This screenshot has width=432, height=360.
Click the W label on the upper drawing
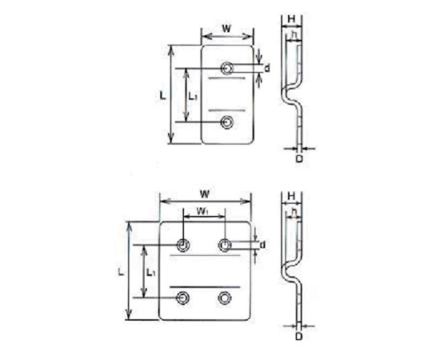tap(226, 28)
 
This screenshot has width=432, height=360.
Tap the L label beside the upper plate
tap(163, 96)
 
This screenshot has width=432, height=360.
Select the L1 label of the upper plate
tap(192, 96)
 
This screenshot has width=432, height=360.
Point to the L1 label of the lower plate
tap(150, 273)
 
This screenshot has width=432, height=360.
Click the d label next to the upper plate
tap(266, 68)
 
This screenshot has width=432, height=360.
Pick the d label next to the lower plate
tap(263, 244)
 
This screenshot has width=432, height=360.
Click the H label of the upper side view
tap(291, 19)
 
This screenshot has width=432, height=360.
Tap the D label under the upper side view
tap(299, 158)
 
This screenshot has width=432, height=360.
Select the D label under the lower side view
tap(299, 336)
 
